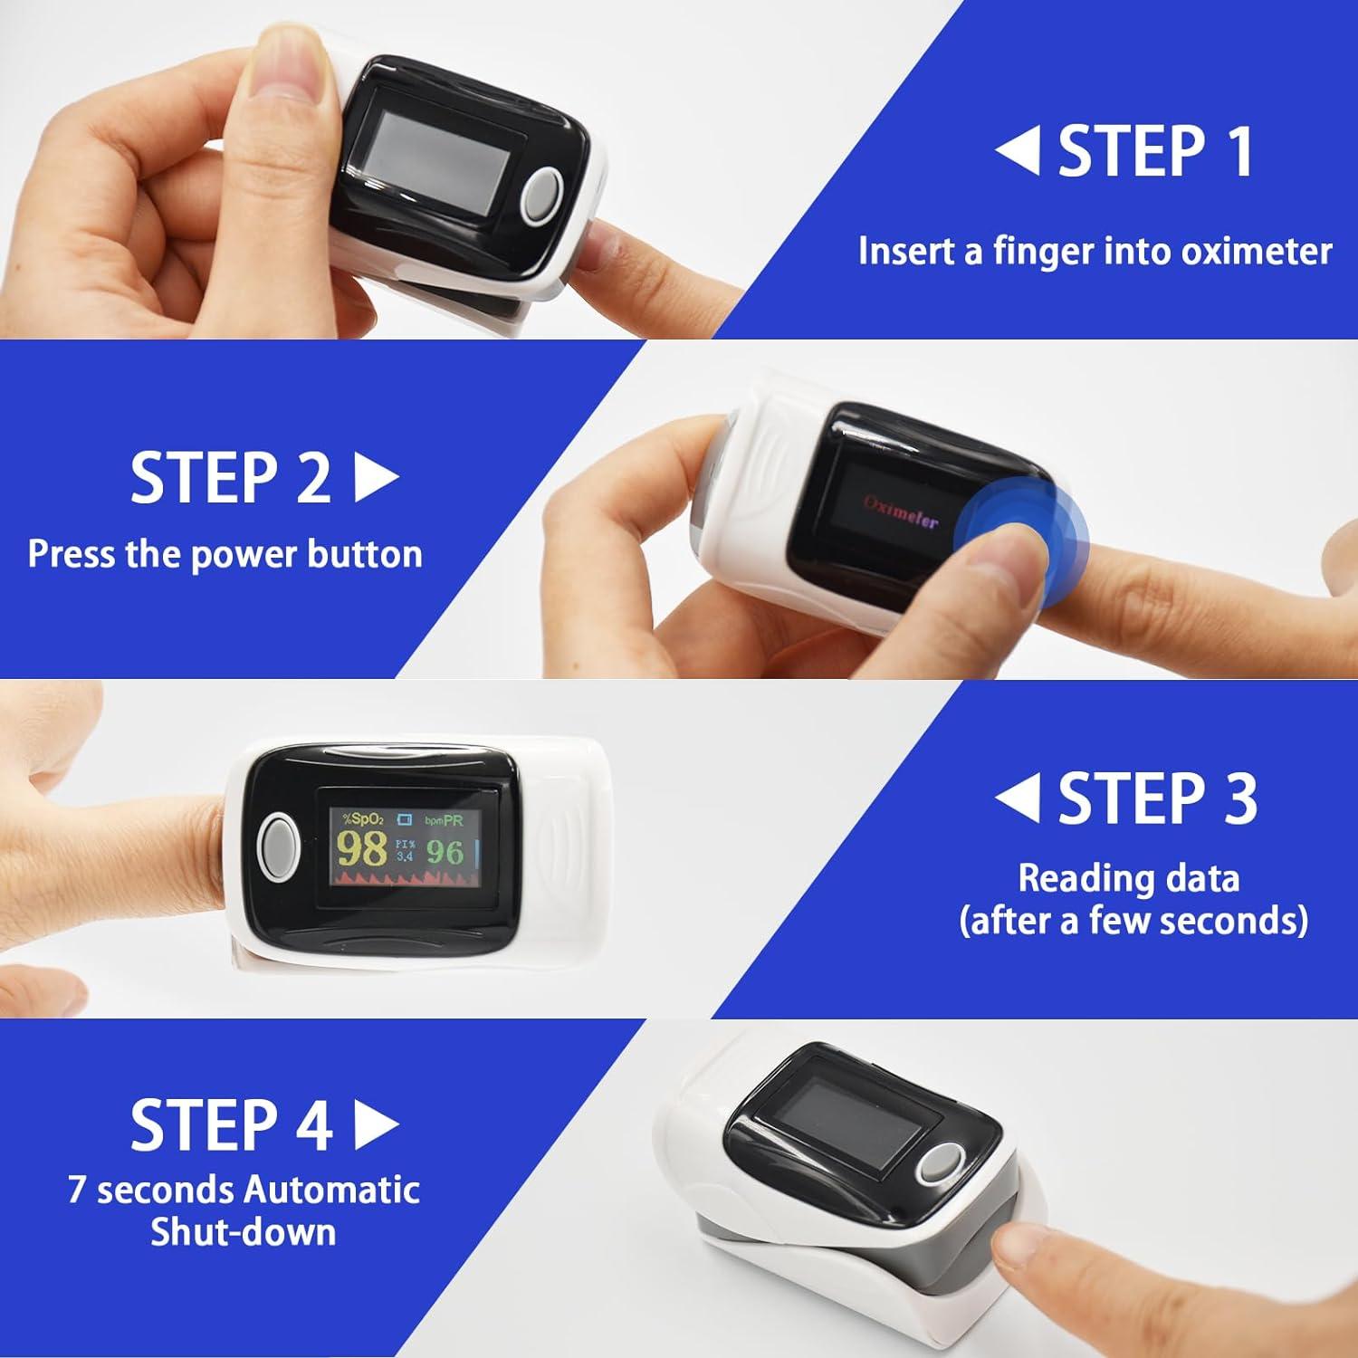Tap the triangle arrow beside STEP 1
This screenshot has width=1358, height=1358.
(x=1018, y=150)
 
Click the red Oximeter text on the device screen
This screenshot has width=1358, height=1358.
(x=900, y=513)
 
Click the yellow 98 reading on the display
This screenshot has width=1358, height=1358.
(x=362, y=850)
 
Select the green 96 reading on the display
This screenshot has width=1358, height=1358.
(x=445, y=852)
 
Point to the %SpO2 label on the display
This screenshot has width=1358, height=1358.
(x=361, y=819)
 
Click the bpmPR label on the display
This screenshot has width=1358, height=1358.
(x=444, y=819)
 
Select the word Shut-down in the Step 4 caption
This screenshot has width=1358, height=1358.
(x=243, y=1232)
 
